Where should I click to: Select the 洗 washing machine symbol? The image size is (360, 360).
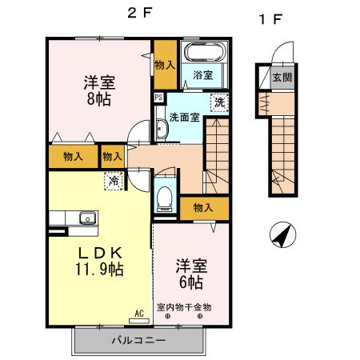coord(218,102)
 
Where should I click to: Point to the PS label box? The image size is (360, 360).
coord(158,98)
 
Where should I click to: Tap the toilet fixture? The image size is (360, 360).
coord(166,196)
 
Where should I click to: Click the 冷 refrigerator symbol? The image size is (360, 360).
coord(114,181)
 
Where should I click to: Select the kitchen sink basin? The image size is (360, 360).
coord(86,218)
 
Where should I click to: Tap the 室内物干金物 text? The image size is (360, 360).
coord(183,306)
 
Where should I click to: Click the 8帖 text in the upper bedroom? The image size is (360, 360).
coord(98,100)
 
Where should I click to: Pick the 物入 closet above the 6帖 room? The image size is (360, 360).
coord(203,208)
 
